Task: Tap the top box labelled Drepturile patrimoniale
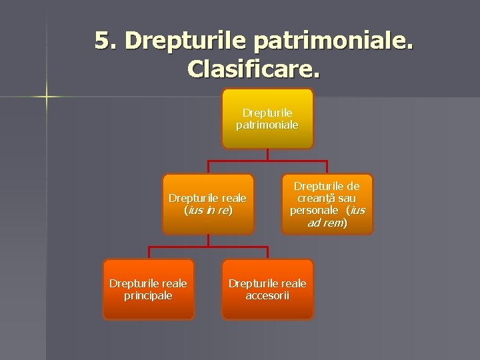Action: click(267, 118)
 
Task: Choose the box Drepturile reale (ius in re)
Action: click(207, 204)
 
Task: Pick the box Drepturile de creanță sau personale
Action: click(327, 204)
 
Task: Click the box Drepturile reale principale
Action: click(148, 289)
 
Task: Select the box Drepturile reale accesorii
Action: click(267, 289)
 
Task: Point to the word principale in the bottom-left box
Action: click(148, 295)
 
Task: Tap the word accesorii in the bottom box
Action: click(267, 295)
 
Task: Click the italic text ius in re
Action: click(207, 210)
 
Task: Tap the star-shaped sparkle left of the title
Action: click(46, 97)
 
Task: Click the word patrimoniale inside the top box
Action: click(267, 124)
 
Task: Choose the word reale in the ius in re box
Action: click(231, 198)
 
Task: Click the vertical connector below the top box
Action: click(267, 155)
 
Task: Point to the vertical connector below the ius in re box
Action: click(207, 241)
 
